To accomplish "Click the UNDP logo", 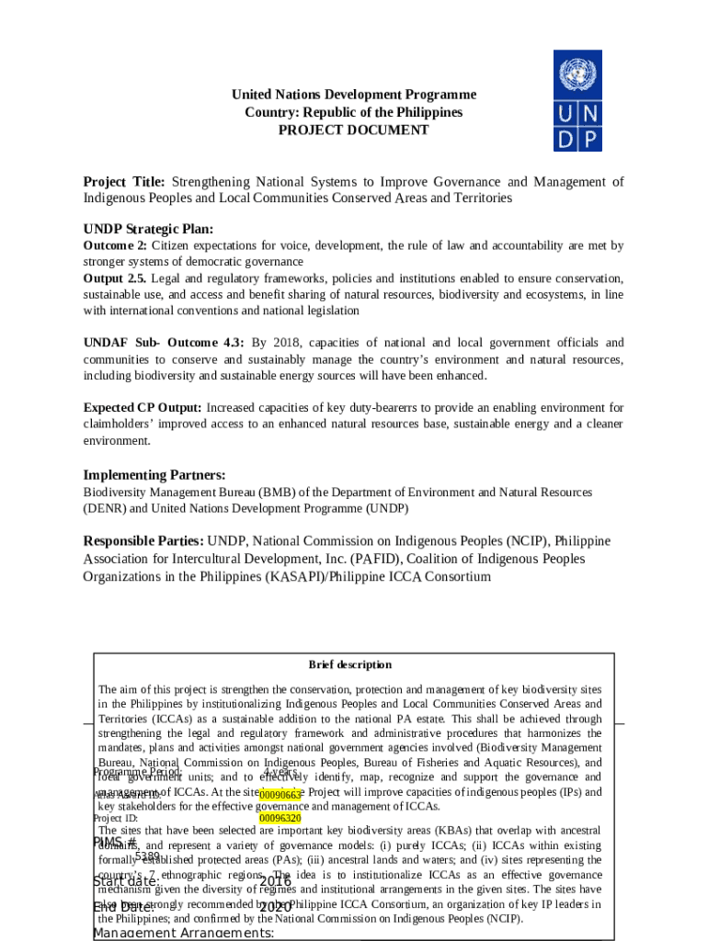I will pos(577,100).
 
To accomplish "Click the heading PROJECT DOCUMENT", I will pos(354,130).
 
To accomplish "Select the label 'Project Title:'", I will pos(124,182).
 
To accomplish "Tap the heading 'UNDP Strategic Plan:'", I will pos(148,229).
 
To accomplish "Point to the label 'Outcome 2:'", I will pos(115,246).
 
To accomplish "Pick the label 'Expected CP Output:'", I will pos(143,407).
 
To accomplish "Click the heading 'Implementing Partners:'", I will pos(154,475).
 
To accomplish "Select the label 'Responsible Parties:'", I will pos(144,541).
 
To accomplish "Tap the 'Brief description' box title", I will pos(349,664).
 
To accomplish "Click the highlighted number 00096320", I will pos(280,817).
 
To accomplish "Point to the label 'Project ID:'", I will pos(116,817).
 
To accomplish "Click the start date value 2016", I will pos(275,881).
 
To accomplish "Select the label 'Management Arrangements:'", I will pos(183,934).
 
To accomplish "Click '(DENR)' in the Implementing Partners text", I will pos(106,508).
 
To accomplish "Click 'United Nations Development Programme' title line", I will pos(354,95).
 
